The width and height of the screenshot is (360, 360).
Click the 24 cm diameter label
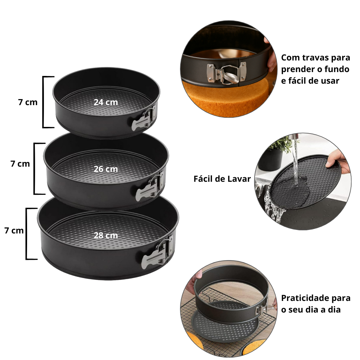coord(106,102)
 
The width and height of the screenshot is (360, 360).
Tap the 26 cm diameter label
coord(106,169)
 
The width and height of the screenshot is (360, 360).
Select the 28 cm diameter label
coord(106,236)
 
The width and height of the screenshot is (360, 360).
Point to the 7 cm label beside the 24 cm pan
coord(28,102)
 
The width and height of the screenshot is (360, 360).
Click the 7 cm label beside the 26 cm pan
coord(20,164)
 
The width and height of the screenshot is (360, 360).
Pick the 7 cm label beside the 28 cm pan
coord(14,231)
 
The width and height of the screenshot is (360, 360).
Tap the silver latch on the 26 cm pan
coord(149,186)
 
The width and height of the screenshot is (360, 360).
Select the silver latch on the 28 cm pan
coord(157,252)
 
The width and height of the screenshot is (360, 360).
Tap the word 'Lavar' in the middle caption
coord(239,179)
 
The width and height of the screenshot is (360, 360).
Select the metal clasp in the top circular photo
coord(226,73)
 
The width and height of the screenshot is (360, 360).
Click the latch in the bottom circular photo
coord(264,307)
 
